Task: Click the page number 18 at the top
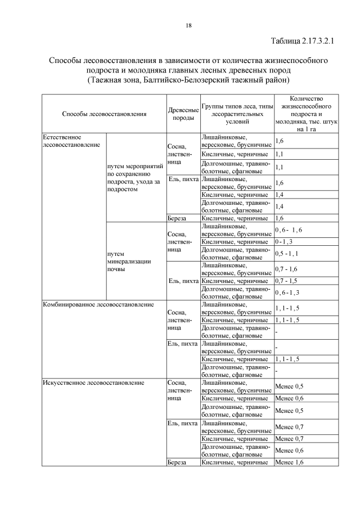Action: (x=188, y=25)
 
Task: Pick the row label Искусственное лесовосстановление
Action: (x=93, y=382)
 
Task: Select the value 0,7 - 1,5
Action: (x=286, y=280)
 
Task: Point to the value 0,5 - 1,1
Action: (x=287, y=253)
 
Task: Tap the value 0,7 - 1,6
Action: (x=286, y=269)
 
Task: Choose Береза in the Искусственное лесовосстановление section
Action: (x=177, y=462)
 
